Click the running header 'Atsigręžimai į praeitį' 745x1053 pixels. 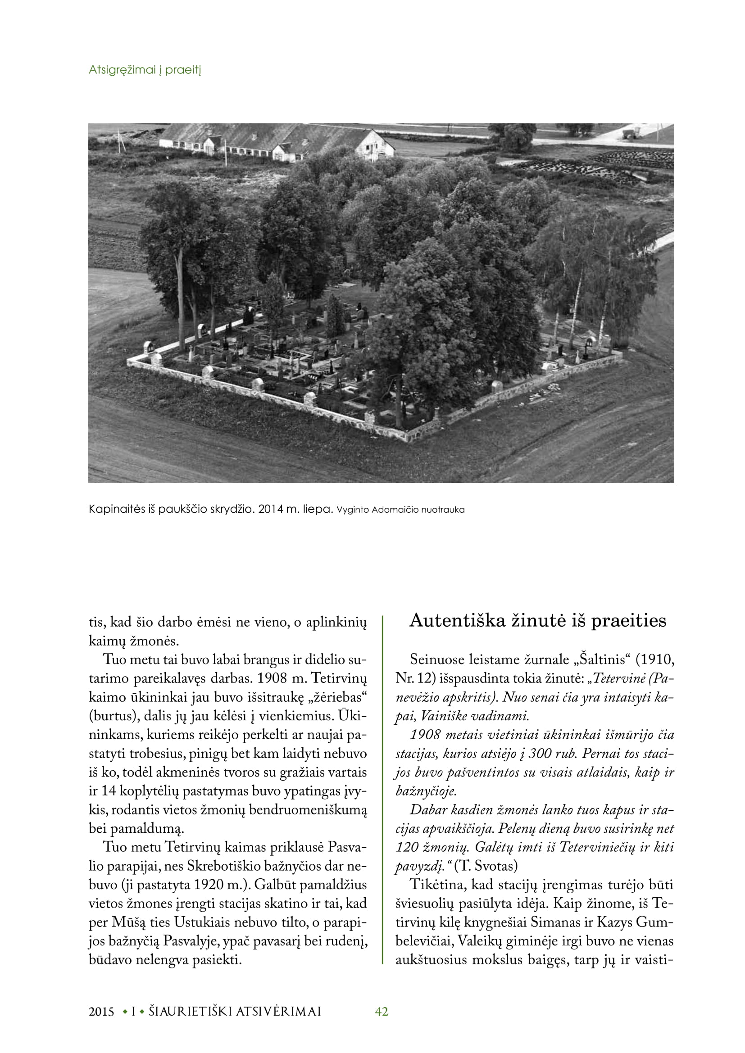145,70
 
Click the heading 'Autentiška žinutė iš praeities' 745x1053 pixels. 538,620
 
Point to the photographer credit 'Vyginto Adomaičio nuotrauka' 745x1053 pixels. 400,510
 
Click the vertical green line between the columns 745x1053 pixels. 382,789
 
